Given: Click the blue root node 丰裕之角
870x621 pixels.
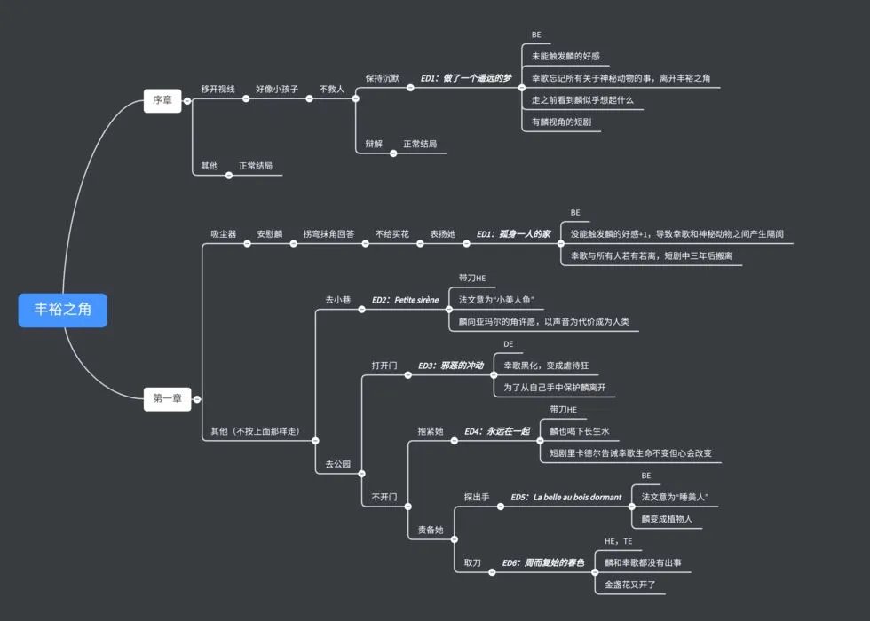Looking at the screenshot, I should pos(62,310).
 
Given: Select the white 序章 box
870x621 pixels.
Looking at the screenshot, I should pos(162,100).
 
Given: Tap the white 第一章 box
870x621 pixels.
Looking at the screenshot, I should pos(167,399).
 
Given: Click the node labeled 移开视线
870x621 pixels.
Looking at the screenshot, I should pos(217,90).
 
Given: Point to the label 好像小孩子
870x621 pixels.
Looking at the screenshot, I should pos(277,90).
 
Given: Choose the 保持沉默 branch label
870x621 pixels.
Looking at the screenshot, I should pos(384,78).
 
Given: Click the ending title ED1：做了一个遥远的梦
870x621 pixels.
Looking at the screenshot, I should pos(466,78).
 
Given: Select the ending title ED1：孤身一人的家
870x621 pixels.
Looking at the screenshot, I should pos(513,234).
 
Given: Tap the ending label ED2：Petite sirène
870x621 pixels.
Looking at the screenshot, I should pos(405,300).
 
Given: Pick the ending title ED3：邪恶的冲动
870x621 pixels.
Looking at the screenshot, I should pos(450,366).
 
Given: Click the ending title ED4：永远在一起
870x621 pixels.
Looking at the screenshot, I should pos(496,431).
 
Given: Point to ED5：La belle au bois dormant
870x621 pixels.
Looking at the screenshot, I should pos(565,498).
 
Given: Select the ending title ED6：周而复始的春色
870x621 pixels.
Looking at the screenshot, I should pos(542,563).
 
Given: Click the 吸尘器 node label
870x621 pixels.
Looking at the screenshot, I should pos(223,234).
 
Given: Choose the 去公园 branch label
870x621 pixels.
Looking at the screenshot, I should pos(337,464).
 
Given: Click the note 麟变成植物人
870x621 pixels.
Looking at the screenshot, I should pos(667,519).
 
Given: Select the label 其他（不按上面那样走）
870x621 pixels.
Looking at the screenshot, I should pos(254,432).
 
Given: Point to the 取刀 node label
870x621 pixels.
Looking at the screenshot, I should pos(472,563).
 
